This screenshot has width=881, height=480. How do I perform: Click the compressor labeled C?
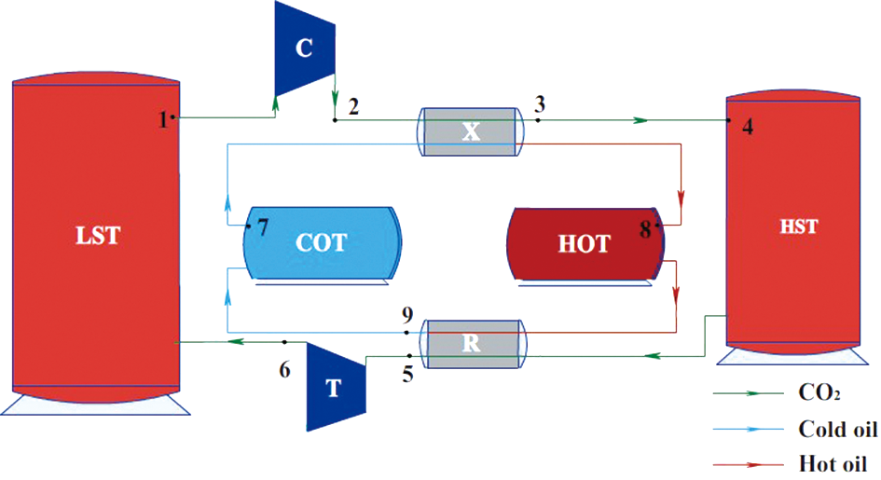pos(304,48)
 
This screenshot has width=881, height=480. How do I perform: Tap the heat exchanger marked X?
pos(472,131)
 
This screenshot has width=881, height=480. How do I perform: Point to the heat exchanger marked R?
pos(472,342)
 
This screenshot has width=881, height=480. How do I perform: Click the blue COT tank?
pos(322,242)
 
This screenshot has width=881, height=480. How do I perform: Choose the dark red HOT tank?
pos(585,243)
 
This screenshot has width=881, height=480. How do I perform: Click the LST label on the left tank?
pos(98,235)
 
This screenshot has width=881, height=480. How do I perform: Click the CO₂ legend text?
pos(819,395)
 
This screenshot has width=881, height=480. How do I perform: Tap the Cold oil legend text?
pos(836,429)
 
